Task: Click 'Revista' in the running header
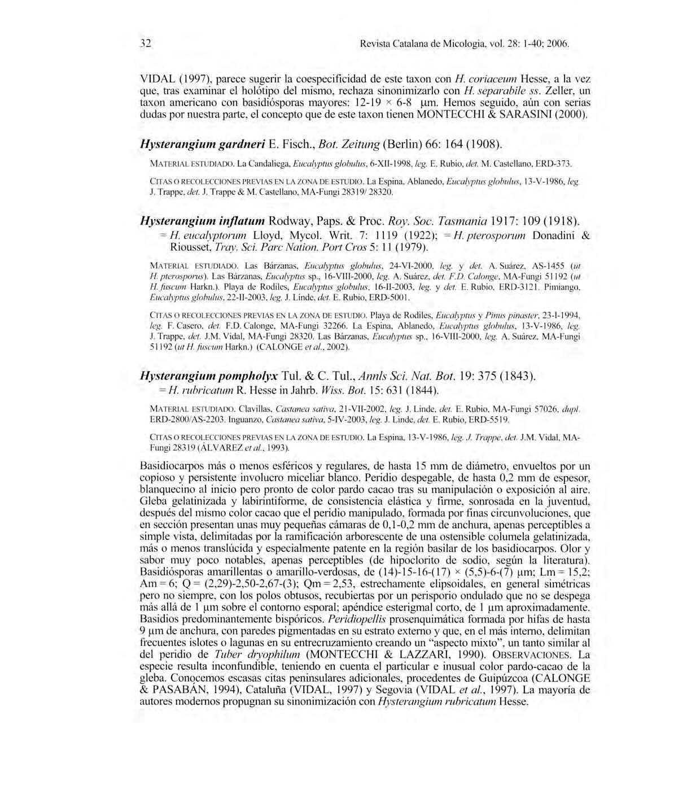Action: [x=374, y=43]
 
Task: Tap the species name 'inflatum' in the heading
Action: [x=238, y=220]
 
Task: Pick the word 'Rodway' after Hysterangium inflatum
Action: [x=288, y=220]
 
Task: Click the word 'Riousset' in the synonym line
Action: [x=191, y=247]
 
